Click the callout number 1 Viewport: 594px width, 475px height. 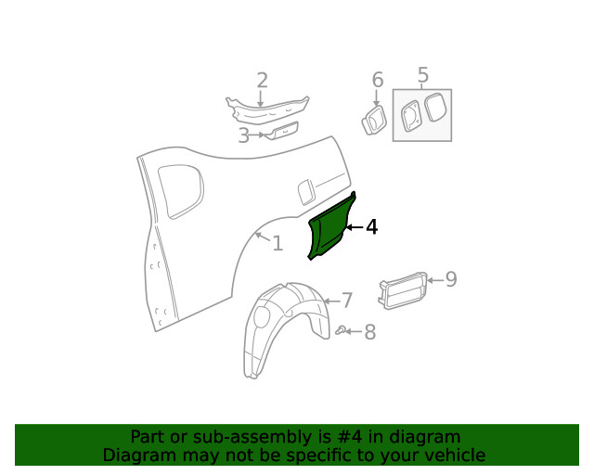click(x=277, y=243)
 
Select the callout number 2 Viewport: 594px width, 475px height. click(x=262, y=81)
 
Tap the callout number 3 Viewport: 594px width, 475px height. click(x=243, y=135)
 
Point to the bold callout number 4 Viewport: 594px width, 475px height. click(x=371, y=227)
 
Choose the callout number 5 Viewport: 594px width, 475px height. click(x=423, y=75)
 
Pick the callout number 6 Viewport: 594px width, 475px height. click(x=377, y=80)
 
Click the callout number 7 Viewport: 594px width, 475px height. click(x=346, y=301)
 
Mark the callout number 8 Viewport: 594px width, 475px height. click(x=369, y=332)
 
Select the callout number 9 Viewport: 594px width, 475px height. click(x=451, y=279)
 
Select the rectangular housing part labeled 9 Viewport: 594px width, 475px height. click(x=401, y=290)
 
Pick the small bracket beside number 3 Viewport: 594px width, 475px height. click(x=280, y=131)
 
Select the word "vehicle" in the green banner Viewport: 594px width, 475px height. click(x=454, y=455)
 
